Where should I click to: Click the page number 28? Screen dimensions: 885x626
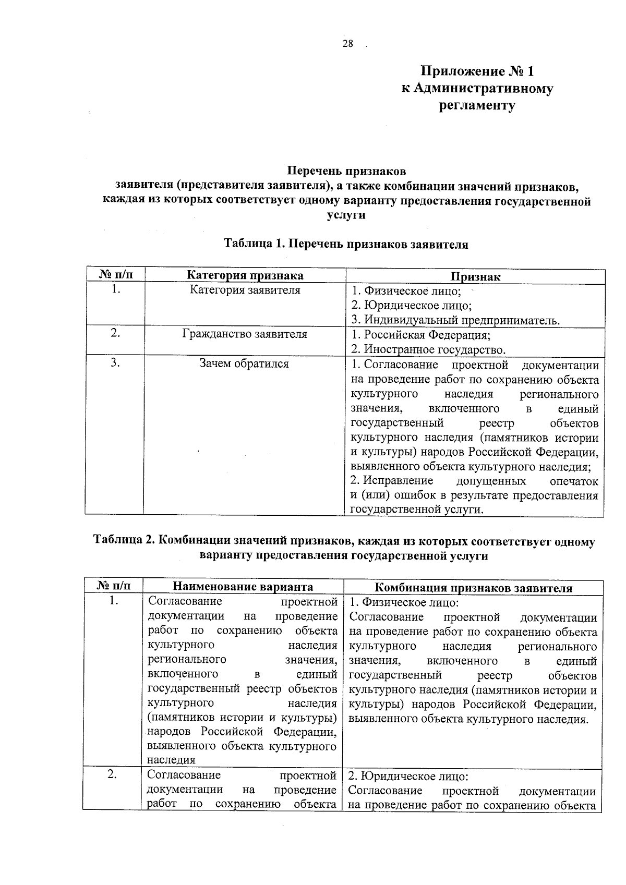(x=347, y=44)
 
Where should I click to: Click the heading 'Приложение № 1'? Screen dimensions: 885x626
(x=477, y=71)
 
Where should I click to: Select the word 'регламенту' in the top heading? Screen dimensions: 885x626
(x=476, y=106)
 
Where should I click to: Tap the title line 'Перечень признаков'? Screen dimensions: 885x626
(x=346, y=171)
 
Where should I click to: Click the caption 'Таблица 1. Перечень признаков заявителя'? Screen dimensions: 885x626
(x=346, y=244)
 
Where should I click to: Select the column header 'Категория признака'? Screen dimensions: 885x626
(x=245, y=276)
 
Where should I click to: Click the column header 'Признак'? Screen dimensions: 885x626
(x=475, y=277)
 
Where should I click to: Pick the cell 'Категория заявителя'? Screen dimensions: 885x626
(x=245, y=290)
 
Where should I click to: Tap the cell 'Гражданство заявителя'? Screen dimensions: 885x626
(x=245, y=334)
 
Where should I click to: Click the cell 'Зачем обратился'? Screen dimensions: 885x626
(x=244, y=364)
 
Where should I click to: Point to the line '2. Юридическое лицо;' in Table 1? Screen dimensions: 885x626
(x=411, y=306)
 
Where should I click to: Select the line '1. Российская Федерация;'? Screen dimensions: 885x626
(x=420, y=335)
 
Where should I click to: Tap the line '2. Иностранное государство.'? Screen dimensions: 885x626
(x=428, y=349)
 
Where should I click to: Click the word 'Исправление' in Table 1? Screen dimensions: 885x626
(x=398, y=481)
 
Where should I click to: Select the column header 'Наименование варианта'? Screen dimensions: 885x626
(x=243, y=587)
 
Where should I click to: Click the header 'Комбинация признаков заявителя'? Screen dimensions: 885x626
(x=474, y=588)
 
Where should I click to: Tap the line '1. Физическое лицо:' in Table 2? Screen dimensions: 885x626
(x=403, y=603)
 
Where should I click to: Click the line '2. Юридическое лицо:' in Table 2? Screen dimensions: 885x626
(x=408, y=777)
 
